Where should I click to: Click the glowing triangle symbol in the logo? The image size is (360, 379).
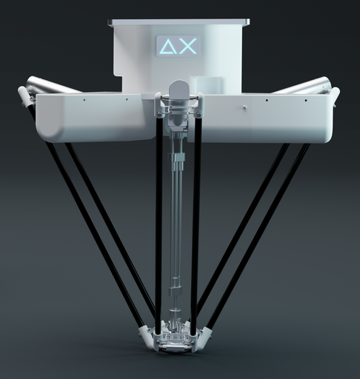tap(167, 47)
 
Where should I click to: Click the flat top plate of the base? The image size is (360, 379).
tap(179, 22)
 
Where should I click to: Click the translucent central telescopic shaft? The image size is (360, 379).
tap(177, 222)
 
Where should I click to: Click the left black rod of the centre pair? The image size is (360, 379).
tap(159, 222)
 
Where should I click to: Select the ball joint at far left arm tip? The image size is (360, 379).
tap(24, 95)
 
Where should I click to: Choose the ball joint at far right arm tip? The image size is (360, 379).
tap(334, 95)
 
